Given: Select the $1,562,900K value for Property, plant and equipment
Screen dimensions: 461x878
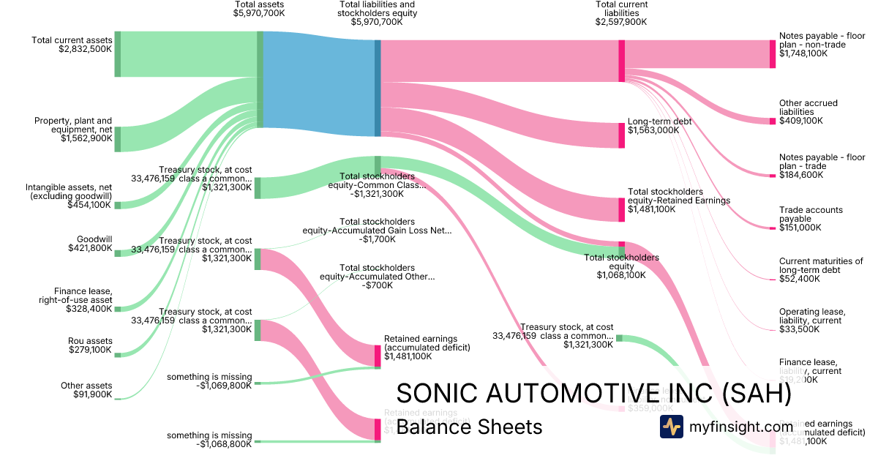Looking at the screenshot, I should (x=86, y=138).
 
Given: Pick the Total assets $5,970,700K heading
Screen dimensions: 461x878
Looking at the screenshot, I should (x=259, y=9).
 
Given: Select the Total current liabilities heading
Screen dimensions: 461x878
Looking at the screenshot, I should (x=621, y=13).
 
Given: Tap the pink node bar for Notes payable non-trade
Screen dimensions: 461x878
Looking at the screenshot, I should (x=772, y=54).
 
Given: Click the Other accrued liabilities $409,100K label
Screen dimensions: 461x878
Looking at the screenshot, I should (x=808, y=112).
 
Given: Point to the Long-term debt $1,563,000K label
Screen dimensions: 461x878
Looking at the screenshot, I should (x=659, y=126).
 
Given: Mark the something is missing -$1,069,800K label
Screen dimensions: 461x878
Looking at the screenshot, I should (x=209, y=381).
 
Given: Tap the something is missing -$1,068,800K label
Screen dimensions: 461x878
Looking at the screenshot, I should (x=209, y=440).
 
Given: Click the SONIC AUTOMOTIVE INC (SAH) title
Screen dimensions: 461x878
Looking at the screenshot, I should (x=593, y=393).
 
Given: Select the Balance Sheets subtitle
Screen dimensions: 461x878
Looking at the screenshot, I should (x=469, y=427).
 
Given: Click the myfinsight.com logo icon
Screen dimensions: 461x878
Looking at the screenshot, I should (x=671, y=427).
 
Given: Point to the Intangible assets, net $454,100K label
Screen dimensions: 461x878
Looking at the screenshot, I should (x=70, y=195).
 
